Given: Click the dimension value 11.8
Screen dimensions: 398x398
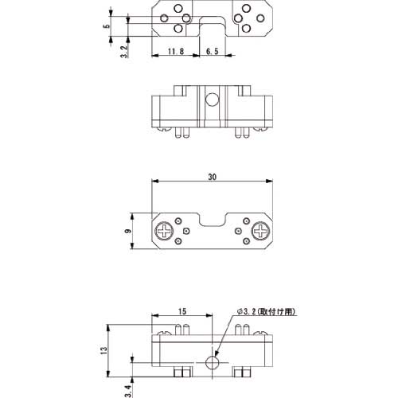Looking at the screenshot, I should point(177,52).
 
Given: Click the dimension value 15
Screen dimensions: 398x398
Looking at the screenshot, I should point(181,311).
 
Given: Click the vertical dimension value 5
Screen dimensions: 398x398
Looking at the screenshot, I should point(106,26).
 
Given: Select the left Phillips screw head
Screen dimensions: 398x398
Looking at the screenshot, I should point(166,232).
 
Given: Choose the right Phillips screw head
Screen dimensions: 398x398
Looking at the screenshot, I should point(260,232).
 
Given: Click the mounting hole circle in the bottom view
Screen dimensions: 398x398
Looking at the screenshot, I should point(213,363).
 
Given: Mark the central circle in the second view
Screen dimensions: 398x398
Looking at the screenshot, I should point(213,100).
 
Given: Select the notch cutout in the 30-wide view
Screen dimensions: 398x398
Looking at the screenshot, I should point(213,219).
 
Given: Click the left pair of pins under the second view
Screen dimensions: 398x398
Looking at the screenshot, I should point(179,132).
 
